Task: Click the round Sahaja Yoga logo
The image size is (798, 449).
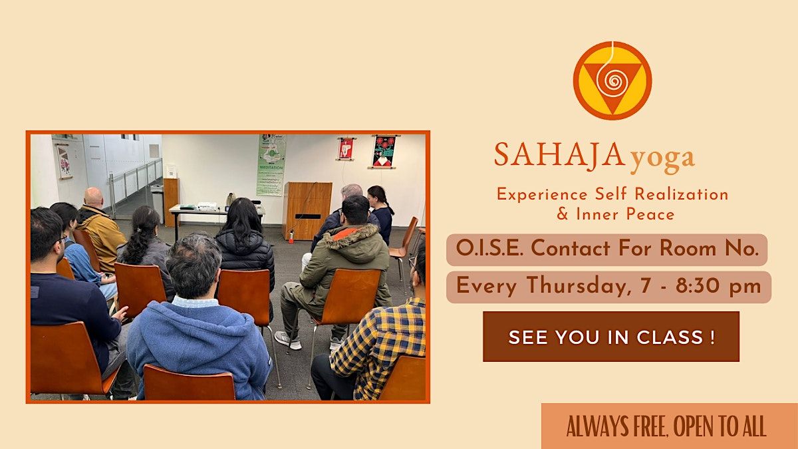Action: (612, 80)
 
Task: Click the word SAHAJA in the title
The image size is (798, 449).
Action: (560, 155)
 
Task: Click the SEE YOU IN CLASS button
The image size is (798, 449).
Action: (611, 337)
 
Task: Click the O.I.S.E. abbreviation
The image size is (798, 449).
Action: (489, 248)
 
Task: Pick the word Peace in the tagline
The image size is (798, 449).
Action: (650, 214)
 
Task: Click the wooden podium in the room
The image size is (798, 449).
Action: (307, 210)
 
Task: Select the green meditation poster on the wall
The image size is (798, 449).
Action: (271, 165)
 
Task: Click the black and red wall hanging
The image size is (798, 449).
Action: (385, 152)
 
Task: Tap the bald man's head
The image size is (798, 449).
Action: (94, 198)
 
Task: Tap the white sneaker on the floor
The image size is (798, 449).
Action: (288, 340)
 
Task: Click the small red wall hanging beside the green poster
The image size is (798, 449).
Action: (346, 148)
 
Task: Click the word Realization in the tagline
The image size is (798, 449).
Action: (682, 194)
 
